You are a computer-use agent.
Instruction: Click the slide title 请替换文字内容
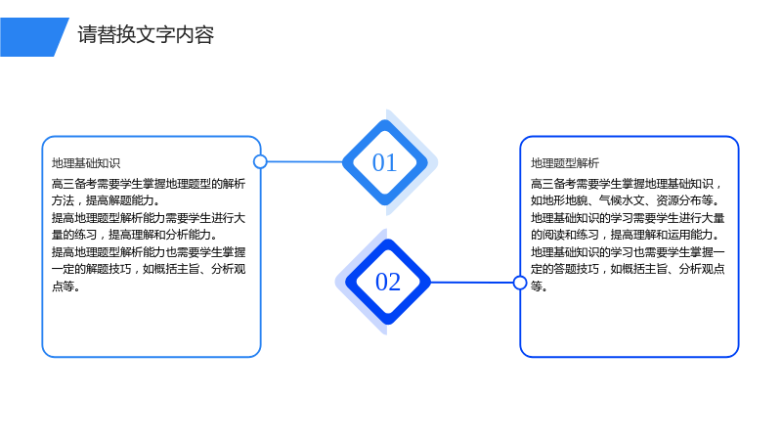pyautogui.click(x=146, y=35)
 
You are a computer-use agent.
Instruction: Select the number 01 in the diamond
pyautogui.click(x=384, y=162)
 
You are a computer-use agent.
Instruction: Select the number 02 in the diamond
pyautogui.click(x=388, y=282)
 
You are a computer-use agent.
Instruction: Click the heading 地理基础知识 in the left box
pyautogui.click(x=86, y=163)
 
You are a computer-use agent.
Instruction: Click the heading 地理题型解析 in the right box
pyautogui.click(x=565, y=163)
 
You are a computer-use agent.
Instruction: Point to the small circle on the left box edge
pyautogui.click(x=260, y=161)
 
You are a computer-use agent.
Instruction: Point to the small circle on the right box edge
pyautogui.click(x=520, y=283)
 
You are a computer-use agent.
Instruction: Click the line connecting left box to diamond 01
pyautogui.click(x=305, y=161)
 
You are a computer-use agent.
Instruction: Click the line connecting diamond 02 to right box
pyautogui.click(x=472, y=283)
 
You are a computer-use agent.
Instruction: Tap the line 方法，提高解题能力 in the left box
pyautogui.click(x=107, y=200)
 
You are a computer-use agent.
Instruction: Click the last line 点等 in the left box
pyautogui.click(x=65, y=286)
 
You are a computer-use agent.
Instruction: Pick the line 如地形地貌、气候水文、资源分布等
pyautogui.click(x=626, y=200)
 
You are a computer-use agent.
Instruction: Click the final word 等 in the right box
pyautogui.click(x=537, y=286)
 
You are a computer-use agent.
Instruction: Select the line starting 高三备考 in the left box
pyautogui.click(x=149, y=184)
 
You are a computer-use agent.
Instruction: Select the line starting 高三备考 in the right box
pyautogui.click(x=627, y=184)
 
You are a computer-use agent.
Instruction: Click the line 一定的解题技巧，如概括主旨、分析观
pyautogui.click(x=149, y=269)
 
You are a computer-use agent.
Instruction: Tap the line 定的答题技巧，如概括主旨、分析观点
pyautogui.click(x=628, y=269)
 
